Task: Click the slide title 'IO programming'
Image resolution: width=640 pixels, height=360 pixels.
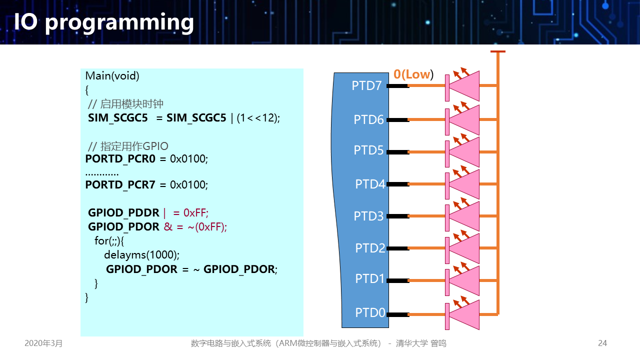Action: point(104,22)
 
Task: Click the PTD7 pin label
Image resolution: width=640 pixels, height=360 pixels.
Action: point(366,85)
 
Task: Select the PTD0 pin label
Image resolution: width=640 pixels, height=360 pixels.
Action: point(370,312)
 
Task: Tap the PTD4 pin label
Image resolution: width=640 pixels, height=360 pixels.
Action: point(370,184)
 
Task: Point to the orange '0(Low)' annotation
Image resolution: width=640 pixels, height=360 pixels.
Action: point(413,74)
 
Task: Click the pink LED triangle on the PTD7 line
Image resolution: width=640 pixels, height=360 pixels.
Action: point(464,86)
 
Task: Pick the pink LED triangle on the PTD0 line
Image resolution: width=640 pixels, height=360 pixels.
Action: point(464,314)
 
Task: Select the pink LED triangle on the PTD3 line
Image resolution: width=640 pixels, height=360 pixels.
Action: point(464,216)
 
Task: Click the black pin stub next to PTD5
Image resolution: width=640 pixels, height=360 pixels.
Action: point(397,152)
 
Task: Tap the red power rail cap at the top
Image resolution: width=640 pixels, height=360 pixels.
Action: point(497,51)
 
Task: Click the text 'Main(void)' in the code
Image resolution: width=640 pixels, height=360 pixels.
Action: point(112,76)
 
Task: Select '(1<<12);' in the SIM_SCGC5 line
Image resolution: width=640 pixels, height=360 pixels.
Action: point(258,118)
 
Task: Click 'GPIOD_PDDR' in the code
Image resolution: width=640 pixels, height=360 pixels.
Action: point(123,212)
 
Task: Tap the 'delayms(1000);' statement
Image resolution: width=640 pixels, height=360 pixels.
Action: point(141,254)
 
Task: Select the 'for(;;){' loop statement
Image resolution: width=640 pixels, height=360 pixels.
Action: point(109,240)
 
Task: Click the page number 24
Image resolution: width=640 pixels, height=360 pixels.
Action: point(602,343)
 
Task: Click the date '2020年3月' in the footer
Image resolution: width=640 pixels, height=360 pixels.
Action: point(44,343)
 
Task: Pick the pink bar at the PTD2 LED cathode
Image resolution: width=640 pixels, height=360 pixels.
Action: point(447,248)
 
